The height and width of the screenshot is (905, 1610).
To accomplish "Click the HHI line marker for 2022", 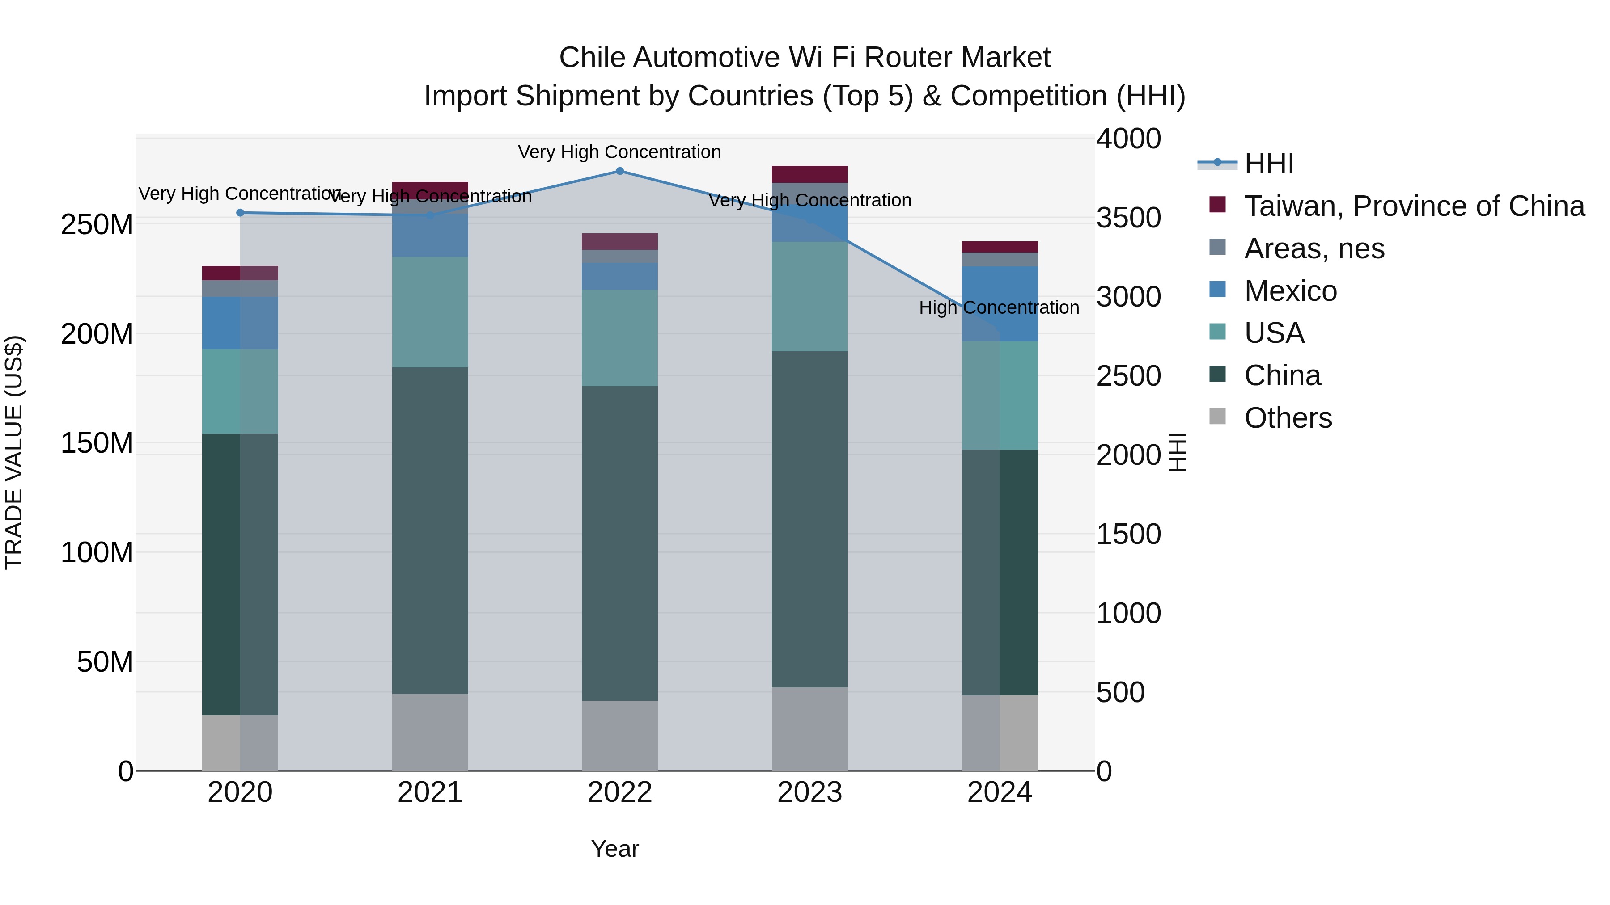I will [x=619, y=171].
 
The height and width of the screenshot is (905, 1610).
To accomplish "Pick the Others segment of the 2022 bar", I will [x=619, y=735].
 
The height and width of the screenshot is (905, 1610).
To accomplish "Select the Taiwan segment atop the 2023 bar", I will [x=809, y=174].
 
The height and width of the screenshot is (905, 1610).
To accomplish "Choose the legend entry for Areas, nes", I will [x=1314, y=248].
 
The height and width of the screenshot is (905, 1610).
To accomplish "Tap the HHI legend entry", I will [x=1269, y=164].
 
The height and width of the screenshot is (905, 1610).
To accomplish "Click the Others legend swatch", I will [x=1217, y=417].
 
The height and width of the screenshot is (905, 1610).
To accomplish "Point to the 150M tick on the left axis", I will [x=97, y=443].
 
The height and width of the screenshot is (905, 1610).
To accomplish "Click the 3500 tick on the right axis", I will [x=1128, y=218].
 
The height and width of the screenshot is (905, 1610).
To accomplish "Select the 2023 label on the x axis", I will [x=809, y=792].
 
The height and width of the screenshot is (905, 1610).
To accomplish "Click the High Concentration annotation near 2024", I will [x=999, y=308].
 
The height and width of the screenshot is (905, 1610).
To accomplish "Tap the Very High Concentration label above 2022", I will [x=619, y=152].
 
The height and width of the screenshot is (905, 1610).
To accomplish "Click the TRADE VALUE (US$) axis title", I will [x=14, y=452].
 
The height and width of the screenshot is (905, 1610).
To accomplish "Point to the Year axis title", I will [x=614, y=849].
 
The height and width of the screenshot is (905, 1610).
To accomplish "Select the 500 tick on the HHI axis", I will [x=1121, y=692].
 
